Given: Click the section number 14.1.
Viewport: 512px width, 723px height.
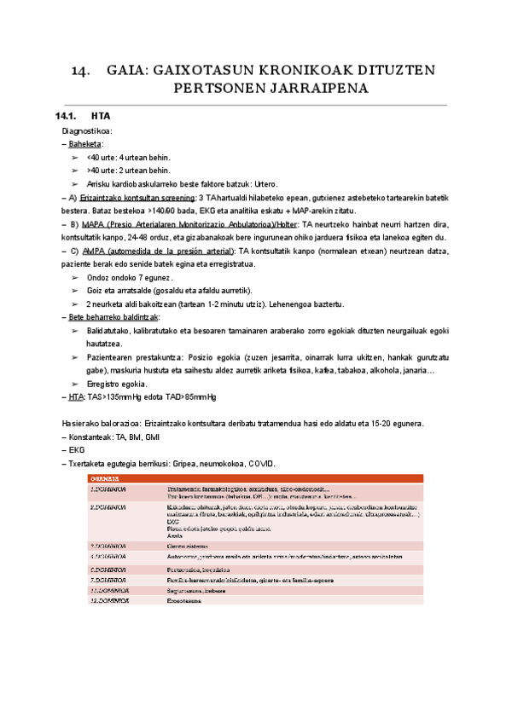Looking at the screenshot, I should pos(66,116).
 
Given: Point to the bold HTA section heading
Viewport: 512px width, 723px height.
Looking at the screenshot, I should pos(100,116).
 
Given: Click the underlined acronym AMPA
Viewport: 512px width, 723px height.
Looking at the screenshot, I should pos(93,251).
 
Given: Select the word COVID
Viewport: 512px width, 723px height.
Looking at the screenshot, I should pos(261,463).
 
